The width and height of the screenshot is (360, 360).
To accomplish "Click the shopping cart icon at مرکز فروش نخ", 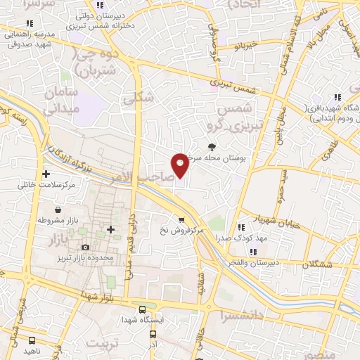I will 182,219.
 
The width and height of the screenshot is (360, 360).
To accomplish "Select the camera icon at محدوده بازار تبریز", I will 86,247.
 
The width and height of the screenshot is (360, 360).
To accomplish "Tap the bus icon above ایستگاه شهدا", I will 143,309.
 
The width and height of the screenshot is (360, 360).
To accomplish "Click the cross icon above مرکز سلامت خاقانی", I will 46,173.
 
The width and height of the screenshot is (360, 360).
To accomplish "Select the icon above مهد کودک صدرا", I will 241,227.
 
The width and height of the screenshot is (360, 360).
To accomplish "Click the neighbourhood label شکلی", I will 138,99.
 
